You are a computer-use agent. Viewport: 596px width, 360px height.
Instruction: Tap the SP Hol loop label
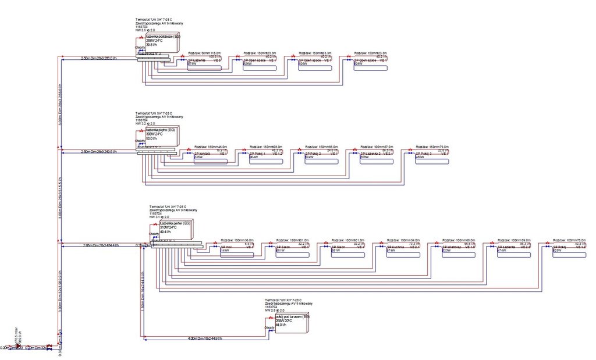(226, 247)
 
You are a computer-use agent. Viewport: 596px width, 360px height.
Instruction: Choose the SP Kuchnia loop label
(395, 247)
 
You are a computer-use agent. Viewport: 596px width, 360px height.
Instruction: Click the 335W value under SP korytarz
(198, 157)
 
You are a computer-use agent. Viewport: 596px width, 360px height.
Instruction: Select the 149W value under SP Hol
(225, 251)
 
